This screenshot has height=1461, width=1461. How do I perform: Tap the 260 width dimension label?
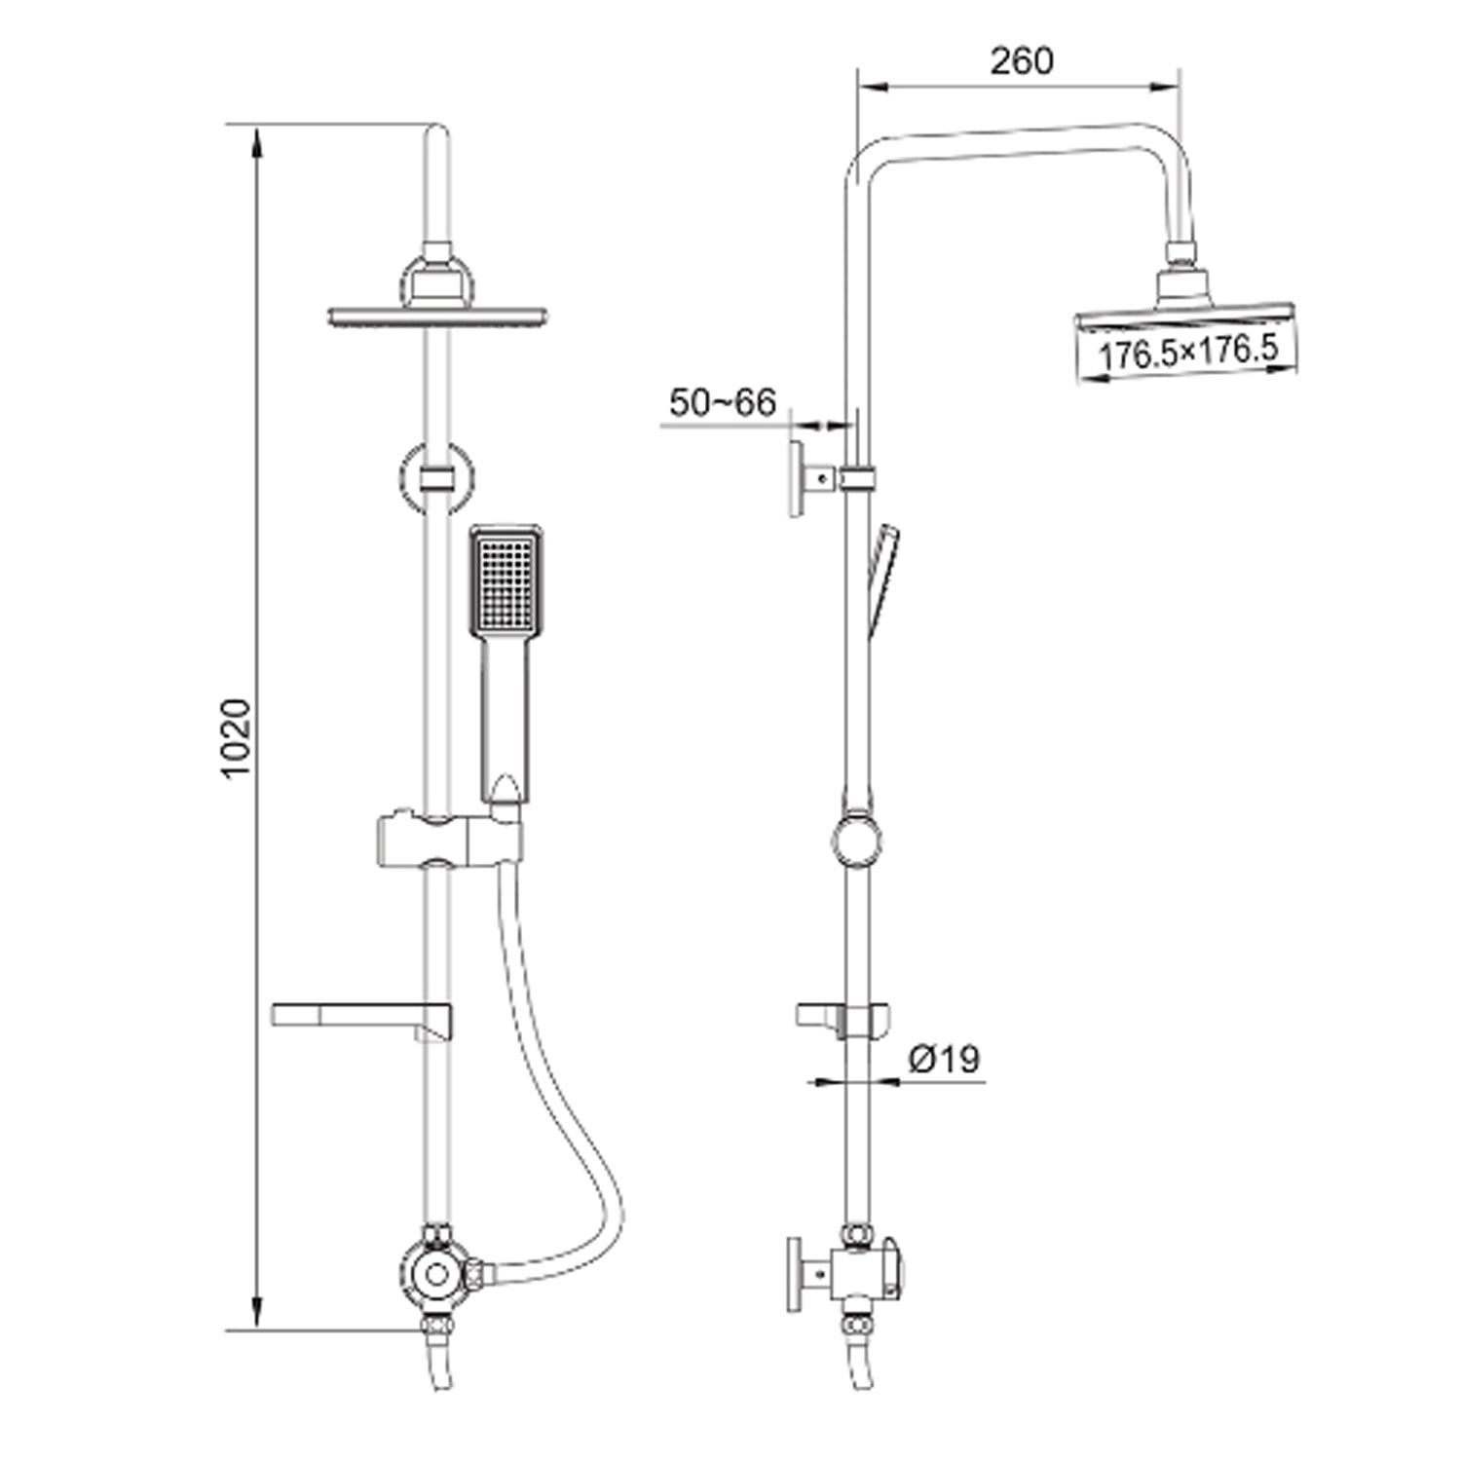[1022, 61]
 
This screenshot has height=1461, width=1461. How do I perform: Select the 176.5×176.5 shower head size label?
[1187, 352]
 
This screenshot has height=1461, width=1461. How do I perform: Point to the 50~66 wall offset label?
[723, 402]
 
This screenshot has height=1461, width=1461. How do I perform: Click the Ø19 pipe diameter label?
[944, 1059]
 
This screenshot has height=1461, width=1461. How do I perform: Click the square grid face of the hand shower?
[505, 582]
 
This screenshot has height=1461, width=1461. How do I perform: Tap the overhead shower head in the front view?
[437, 315]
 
